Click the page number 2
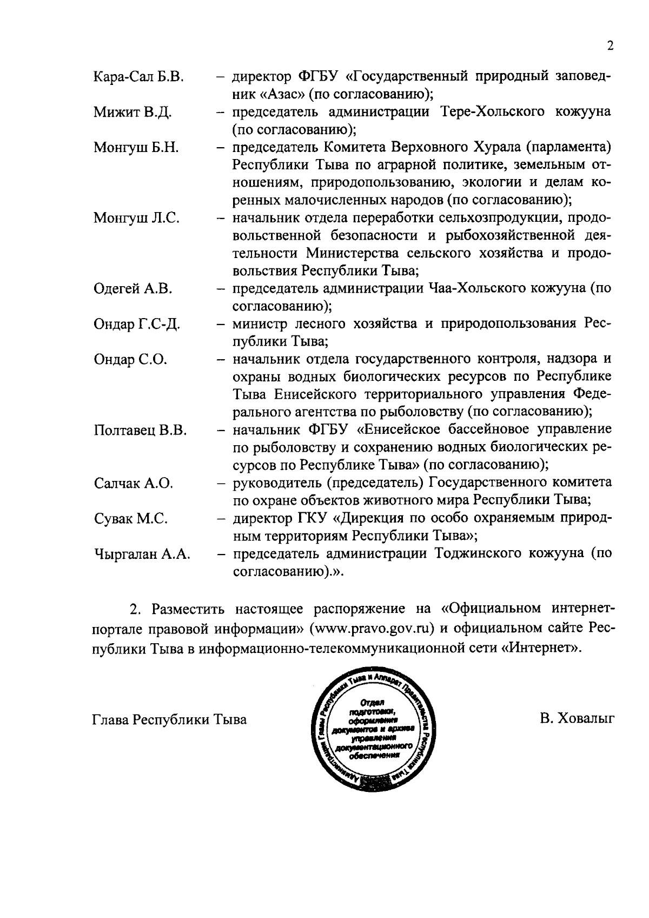[x=610, y=47]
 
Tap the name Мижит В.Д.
[x=133, y=113]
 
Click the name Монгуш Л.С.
[x=136, y=219]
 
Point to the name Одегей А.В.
[x=133, y=289]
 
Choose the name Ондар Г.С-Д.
[x=137, y=325]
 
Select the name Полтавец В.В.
[x=140, y=431]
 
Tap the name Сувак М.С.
[x=130, y=519]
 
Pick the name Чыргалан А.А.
[x=142, y=554]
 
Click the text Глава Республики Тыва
[x=170, y=720]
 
